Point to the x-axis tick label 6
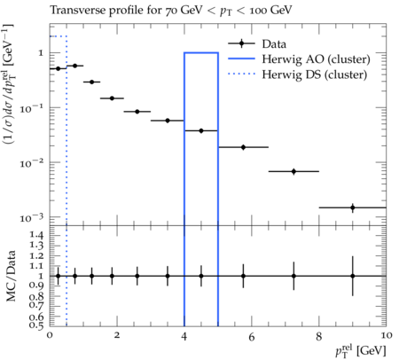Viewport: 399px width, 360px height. [252, 337]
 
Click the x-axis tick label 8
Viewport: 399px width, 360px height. [318, 337]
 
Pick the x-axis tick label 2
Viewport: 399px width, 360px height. [117, 336]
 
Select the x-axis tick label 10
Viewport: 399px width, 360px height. [386, 336]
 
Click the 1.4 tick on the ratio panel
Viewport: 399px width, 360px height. [36, 235]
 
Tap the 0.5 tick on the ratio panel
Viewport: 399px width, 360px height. [36, 325]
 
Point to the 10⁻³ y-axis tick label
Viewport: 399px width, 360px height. [32, 218]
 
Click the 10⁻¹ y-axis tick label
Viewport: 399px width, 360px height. [32, 108]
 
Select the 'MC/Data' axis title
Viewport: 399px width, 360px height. [11, 276]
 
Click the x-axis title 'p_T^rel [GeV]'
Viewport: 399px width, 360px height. [361, 351]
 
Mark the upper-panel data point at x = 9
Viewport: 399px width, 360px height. [352, 207]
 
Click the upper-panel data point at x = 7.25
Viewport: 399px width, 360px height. [293, 171]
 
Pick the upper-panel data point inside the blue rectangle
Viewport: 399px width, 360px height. [201, 130]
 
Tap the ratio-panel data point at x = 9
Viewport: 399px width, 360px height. [352, 276]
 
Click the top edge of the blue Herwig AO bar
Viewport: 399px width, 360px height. [201, 52]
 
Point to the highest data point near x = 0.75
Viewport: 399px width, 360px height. [74, 66]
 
